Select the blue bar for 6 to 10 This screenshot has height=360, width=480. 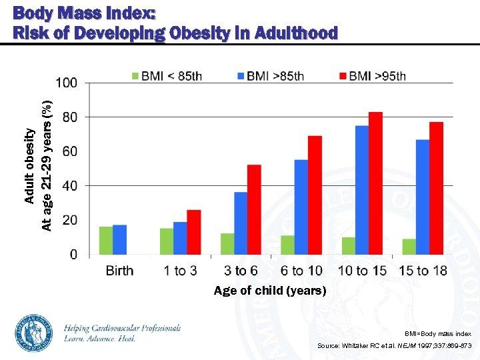[x=301, y=207]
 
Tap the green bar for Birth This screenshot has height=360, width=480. [x=106, y=241]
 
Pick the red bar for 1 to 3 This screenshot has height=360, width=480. [x=193, y=232]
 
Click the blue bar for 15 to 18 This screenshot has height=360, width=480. [x=423, y=197]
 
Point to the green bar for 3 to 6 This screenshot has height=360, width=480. [x=227, y=244]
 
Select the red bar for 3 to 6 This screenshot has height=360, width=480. [x=254, y=209]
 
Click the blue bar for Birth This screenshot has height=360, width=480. [x=119, y=240]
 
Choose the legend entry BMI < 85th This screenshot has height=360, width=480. [x=167, y=76]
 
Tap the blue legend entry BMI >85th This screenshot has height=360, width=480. [x=269, y=76]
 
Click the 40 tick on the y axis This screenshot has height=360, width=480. [x=69, y=186]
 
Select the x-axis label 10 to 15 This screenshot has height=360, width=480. [x=362, y=271]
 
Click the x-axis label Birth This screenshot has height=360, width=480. [x=119, y=271]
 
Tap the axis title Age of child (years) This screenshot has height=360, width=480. [x=269, y=291]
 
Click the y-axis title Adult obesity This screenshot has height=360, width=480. [x=29, y=165]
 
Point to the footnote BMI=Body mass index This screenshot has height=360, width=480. [x=438, y=333]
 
